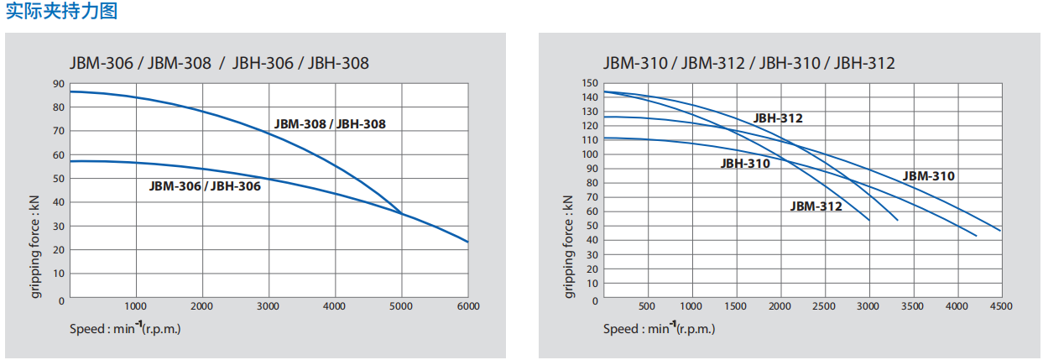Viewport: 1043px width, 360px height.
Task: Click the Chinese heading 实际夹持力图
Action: coord(61,11)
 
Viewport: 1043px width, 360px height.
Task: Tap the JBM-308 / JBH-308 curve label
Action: coord(330,124)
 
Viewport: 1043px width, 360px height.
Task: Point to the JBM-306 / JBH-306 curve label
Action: coord(205,186)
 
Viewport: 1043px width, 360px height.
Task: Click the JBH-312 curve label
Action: coord(778,118)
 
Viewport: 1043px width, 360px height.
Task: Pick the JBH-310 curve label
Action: coord(745,164)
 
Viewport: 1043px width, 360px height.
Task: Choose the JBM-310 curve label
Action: coord(929,176)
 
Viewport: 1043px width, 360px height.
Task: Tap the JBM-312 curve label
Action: coord(816,206)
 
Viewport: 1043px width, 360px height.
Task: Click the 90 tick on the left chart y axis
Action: coord(59,83)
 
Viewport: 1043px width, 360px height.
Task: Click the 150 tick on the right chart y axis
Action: coord(590,83)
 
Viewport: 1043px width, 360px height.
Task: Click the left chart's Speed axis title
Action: coord(125,328)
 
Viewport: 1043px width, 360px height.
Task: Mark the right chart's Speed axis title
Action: coord(659,328)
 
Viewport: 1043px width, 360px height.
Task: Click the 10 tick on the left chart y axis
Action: coord(59,274)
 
